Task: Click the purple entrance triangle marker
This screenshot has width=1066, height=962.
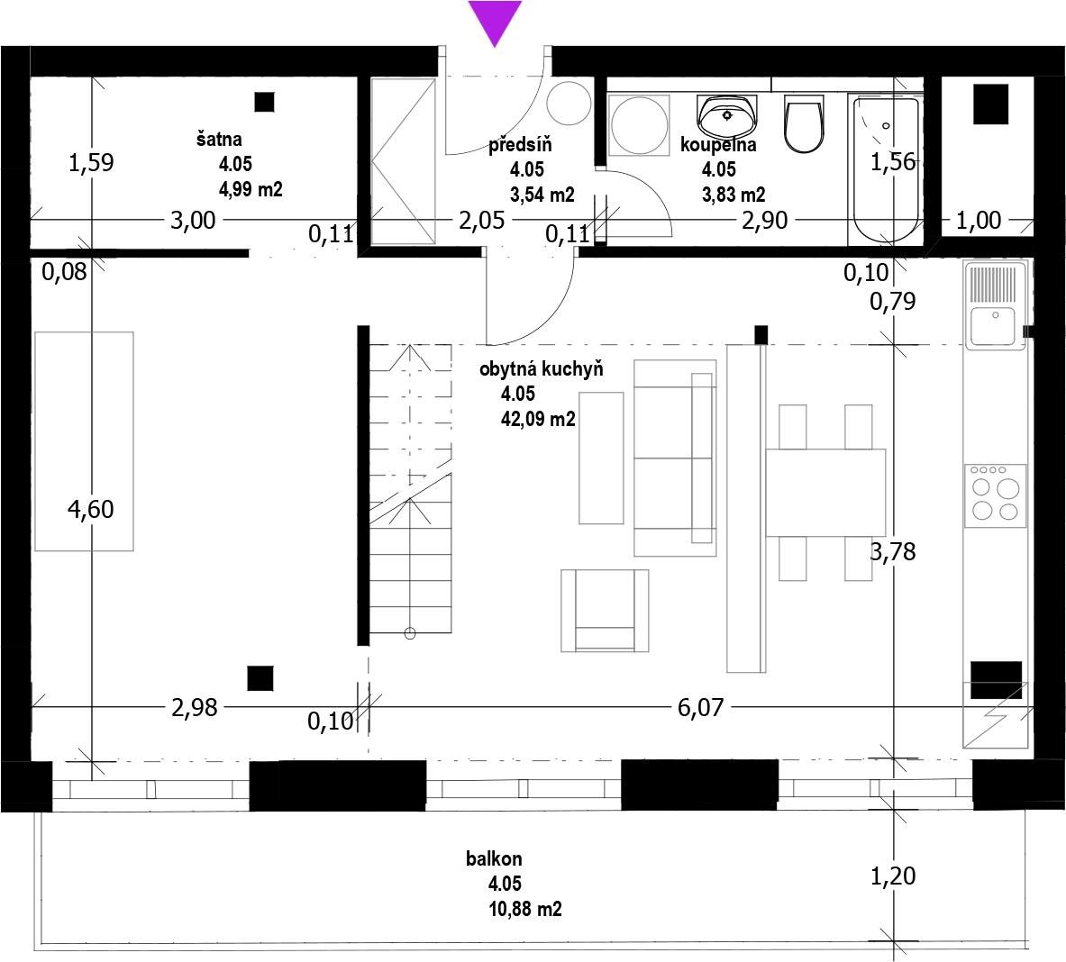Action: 495,21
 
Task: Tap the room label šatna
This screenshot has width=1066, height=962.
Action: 219,140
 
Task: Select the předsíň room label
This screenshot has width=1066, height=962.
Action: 520,145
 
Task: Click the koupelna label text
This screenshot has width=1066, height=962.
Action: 718,145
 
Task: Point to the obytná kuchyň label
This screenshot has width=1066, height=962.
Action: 542,369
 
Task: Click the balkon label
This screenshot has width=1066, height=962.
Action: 494,858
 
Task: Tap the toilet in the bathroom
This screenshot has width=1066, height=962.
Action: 804,123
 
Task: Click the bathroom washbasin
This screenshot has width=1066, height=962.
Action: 727,116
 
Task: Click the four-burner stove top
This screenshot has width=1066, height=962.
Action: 995,495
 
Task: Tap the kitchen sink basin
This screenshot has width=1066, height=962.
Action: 993,326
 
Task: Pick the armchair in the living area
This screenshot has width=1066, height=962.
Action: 605,610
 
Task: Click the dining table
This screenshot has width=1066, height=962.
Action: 825,493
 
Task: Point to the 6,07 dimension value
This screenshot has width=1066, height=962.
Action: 700,707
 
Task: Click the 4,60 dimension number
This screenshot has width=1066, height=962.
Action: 90,509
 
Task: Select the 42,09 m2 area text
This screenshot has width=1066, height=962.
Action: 538,419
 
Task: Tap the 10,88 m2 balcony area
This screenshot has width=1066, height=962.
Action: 524,908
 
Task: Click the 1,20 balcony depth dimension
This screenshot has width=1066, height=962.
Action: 893,876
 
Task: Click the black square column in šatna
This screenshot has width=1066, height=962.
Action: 264,102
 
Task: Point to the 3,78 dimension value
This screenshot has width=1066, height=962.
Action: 893,551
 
